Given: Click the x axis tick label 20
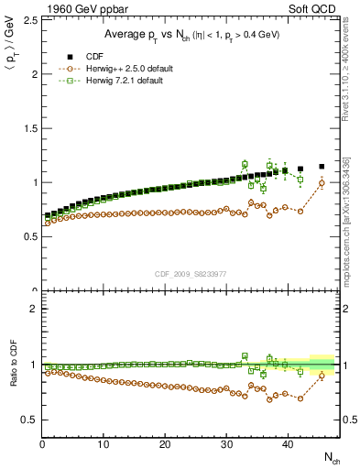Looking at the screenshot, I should click(165, 444).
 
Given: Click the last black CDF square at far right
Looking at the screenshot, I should click(322, 167).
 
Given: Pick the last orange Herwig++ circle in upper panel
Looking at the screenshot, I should click(322, 183).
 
